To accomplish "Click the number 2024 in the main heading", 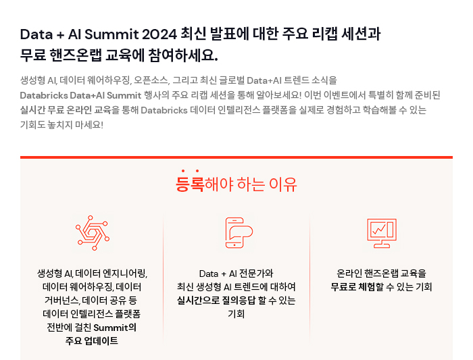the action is coord(159,34).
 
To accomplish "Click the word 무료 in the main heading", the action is coord(33,55).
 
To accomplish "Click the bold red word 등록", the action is coord(190,183).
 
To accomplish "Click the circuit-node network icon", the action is coord(93,232).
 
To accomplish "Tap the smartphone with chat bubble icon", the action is coord(239,232).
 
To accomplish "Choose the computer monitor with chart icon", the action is coord(382,233).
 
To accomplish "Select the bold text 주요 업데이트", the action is coord(92,340).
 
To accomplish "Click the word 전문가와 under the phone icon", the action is coord(256,274).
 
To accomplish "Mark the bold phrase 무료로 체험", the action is coord(353,287).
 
